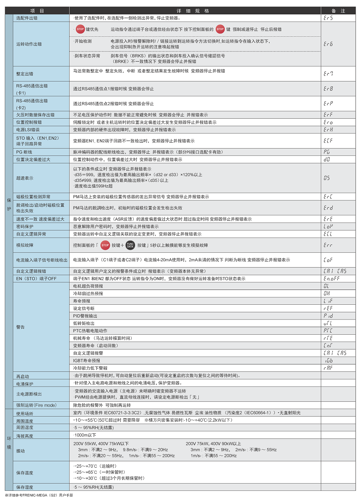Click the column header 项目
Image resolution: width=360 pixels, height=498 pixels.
37,11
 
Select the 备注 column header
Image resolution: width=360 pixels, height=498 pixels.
338,11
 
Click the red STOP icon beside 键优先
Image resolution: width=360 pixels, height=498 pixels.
80,29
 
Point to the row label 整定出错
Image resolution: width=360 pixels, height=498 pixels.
24,74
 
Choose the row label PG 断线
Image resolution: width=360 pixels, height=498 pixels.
24,152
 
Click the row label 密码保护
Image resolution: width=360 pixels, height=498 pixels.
24,226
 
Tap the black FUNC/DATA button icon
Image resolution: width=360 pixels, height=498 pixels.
130,245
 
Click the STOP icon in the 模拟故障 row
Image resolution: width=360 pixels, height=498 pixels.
105,245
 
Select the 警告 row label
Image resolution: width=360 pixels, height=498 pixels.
20,327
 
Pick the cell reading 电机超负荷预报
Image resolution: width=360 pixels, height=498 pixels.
88,286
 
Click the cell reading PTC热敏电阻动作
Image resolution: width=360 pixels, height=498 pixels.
90,331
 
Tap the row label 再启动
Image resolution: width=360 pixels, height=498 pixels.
22,376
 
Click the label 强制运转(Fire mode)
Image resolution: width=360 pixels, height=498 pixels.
36,405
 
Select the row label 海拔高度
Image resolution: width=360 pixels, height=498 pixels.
24,436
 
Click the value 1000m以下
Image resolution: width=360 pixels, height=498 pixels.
85,435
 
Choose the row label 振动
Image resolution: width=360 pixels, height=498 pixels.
20,450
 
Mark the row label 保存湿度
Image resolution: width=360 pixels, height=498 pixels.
24,487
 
